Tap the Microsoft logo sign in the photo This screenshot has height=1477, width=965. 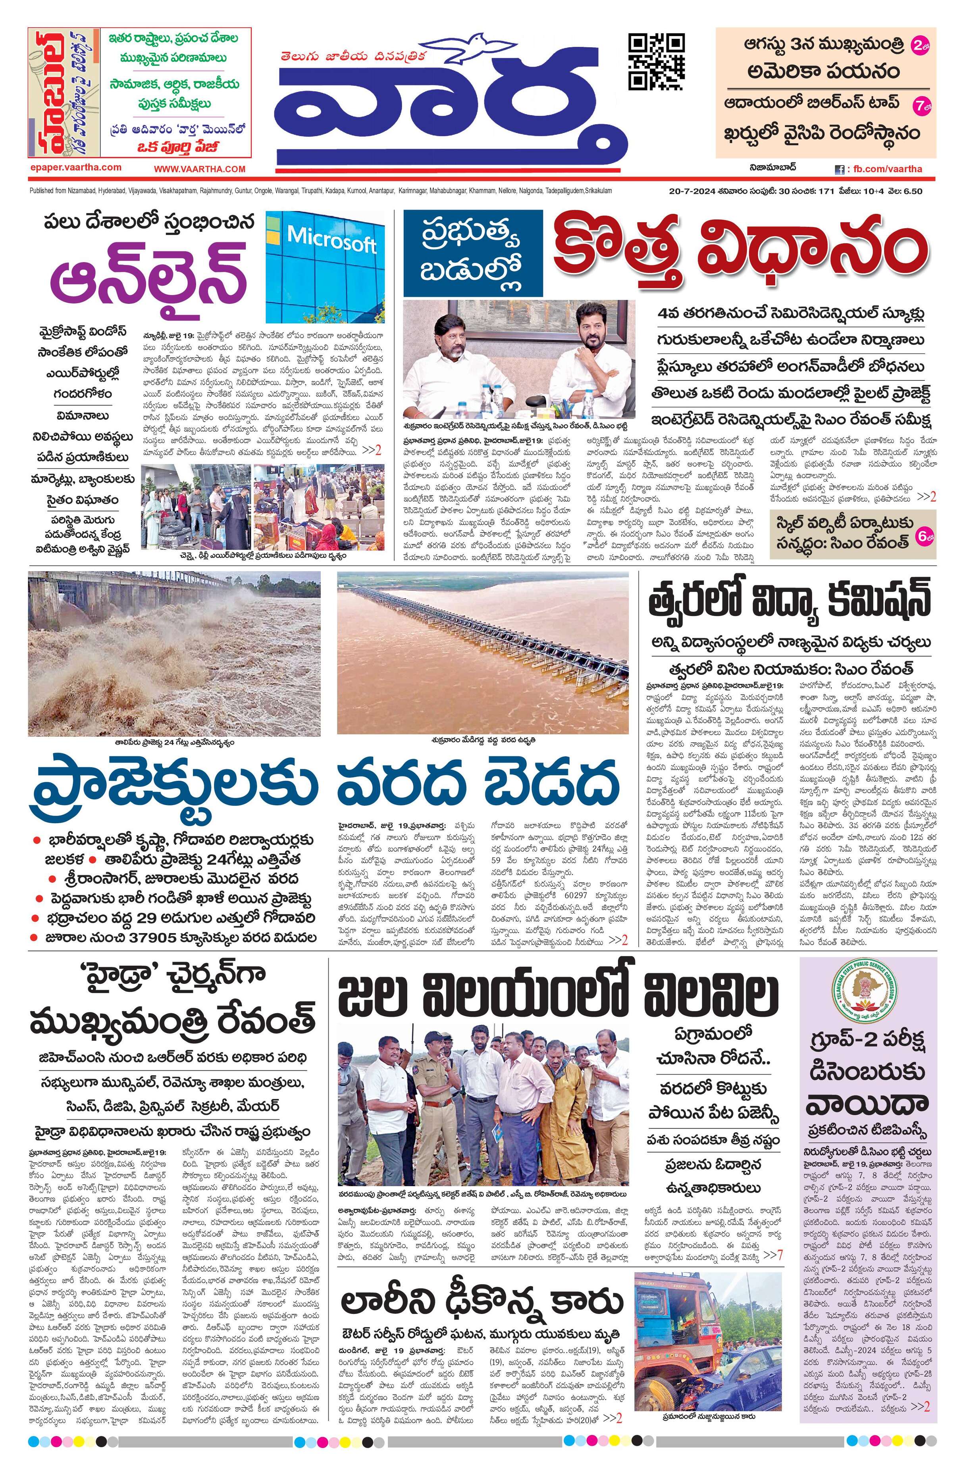[x=331, y=239]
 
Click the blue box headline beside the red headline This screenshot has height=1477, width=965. [x=472, y=253]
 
